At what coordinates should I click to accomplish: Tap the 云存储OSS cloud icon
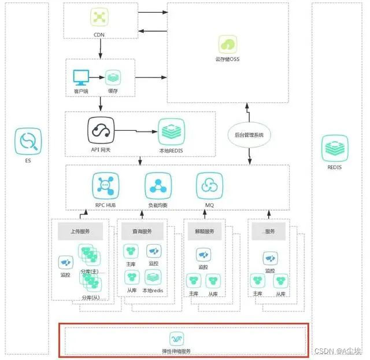tap(227, 44)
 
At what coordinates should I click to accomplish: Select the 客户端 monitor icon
tap(80, 77)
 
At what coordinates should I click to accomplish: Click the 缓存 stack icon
tap(113, 77)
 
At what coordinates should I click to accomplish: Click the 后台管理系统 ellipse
tap(249, 135)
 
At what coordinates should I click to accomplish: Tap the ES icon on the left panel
tap(27, 142)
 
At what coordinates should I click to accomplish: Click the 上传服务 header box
tap(80, 231)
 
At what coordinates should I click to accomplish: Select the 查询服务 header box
tap(141, 231)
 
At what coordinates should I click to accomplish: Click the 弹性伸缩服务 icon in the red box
tap(177, 339)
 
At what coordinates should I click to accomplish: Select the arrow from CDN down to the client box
tap(100, 48)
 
